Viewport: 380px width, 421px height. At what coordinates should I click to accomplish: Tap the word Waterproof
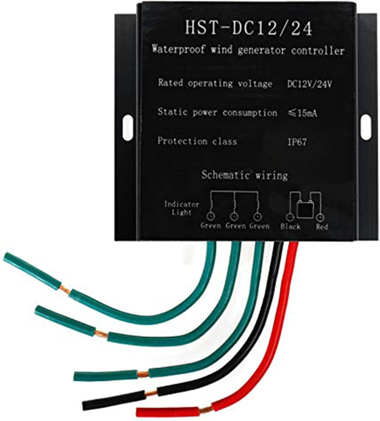pyautogui.click(x=178, y=51)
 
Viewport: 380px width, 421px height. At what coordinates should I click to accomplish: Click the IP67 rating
pyautogui.click(x=297, y=142)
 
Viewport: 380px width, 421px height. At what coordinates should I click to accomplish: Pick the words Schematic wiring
pyautogui.click(x=244, y=175)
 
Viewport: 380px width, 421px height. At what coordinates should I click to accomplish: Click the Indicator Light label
pyautogui.click(x=181, y=208)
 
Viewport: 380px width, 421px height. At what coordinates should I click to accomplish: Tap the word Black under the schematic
pyautogui.click(x=290, y=226)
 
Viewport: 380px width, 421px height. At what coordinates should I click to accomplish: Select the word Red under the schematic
pyautogui.click(x=322, y=226)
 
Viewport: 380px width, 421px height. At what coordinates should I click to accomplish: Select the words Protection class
pyautogui.click(x=197, y=141)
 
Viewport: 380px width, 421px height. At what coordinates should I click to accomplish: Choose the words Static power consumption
pyautogui.click(x=217, y=112)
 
